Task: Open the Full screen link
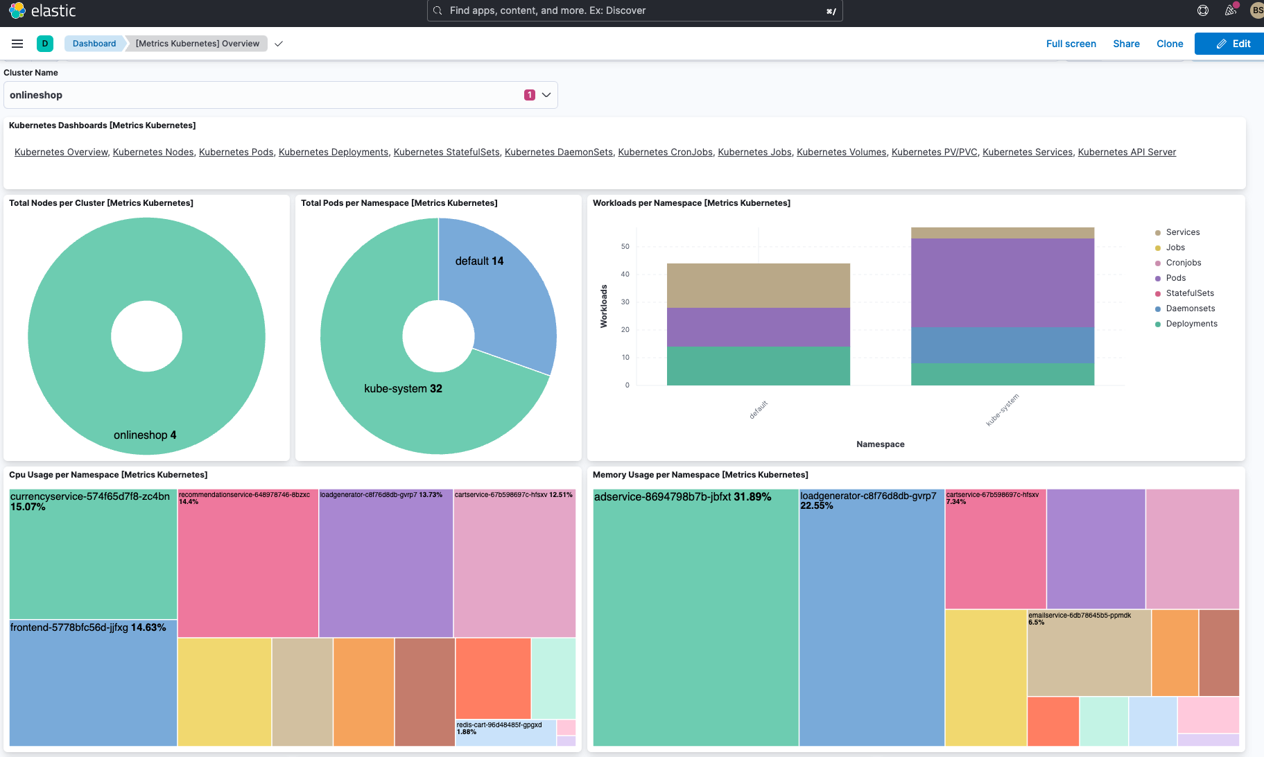[x=1071, y=44]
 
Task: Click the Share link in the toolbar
[x=1126, y=44]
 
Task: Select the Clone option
[x=1170, y=44]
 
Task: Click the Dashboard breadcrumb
[x=94, y=44]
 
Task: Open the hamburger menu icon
[x=17, y=44]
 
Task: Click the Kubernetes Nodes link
[x=153, y=152]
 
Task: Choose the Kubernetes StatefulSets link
[x=447, y=152]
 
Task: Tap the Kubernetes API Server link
[x=1127, y=152]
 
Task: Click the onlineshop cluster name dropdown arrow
[x=546, y=95]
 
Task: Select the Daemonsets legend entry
[x=1190, y=308]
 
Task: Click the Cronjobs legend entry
[x=1183, y=263]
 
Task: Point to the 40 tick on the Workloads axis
[x=625, y=275]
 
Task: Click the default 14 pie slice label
[x=479, y=261]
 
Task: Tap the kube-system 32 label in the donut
[x=403, y=388]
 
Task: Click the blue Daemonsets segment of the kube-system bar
[x=1002, y=345]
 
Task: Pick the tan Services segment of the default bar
[x=758, y=285]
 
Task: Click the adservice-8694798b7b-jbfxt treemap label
[x=682, y=497]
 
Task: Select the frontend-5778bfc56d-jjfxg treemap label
[x=88, y=627]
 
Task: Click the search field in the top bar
[x=634, y=10]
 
